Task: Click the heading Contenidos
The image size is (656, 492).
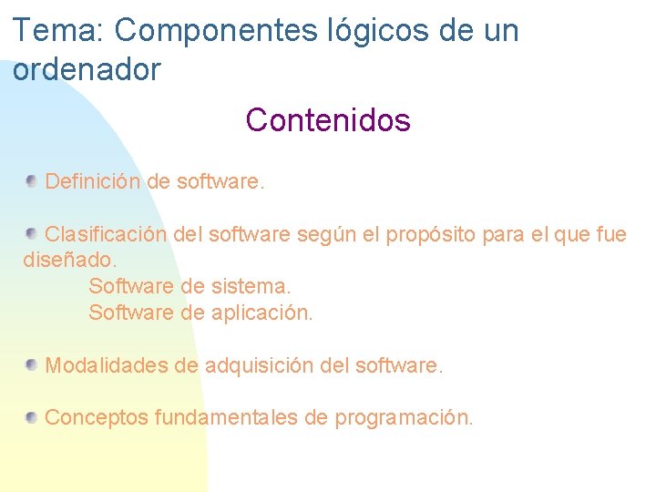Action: [328, 119]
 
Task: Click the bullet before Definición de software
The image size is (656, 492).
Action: [32, 180]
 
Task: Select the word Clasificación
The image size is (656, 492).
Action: [106, 234]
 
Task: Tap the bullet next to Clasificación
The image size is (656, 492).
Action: [32, 233]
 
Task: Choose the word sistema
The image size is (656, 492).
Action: [251, 286]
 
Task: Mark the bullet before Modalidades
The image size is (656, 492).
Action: [32, 365]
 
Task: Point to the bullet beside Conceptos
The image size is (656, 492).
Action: [32, 417]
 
